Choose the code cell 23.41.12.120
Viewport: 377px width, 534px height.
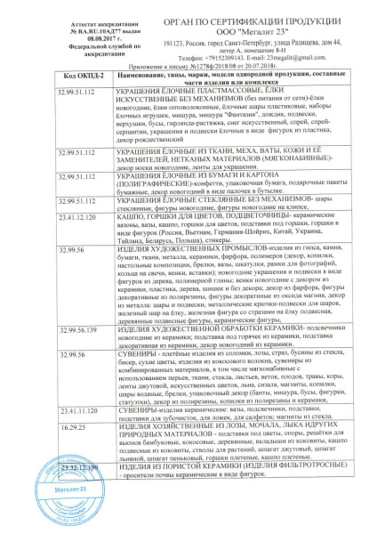pyautogui.click(x=74, y=215)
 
